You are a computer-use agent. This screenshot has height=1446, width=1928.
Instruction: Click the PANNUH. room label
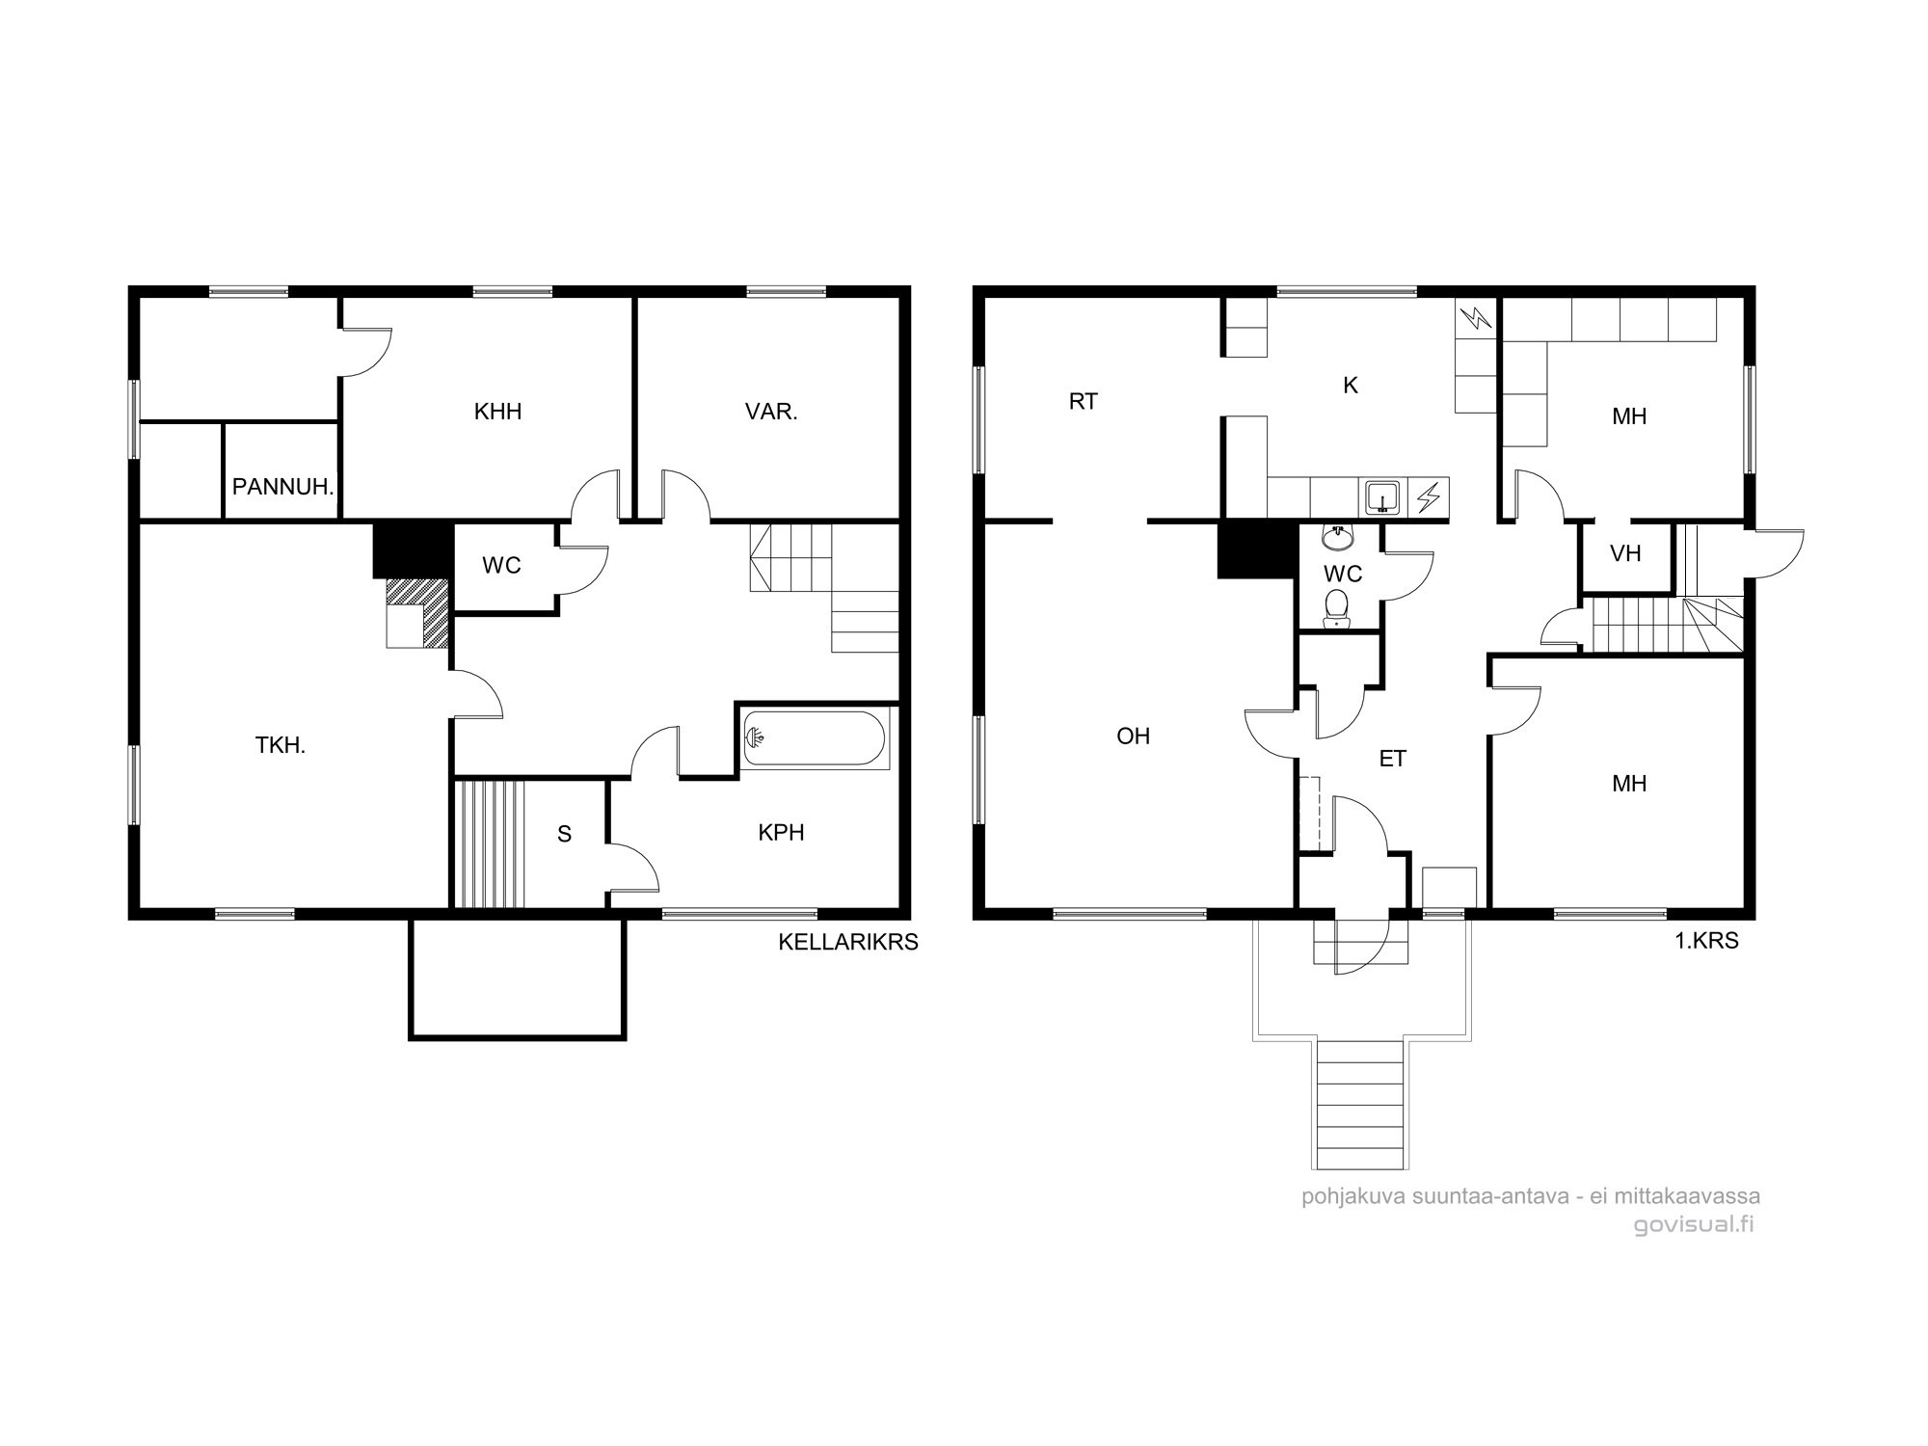283,487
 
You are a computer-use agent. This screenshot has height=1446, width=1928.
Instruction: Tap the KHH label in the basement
497,412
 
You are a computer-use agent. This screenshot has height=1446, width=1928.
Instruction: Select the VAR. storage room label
771,412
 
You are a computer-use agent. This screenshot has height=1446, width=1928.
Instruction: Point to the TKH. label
281,744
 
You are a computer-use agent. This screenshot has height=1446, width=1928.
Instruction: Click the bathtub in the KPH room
816,739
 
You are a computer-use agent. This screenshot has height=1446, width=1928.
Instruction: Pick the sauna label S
565,834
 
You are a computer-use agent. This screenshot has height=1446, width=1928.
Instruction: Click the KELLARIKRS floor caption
848,942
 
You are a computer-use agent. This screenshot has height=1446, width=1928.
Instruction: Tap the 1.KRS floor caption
1706,941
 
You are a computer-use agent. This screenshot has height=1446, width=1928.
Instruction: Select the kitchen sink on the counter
1382,497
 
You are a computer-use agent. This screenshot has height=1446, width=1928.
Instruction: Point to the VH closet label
1625,553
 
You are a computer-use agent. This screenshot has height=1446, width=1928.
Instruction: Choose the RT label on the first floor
1084,401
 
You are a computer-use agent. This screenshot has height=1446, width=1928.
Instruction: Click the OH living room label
1134,736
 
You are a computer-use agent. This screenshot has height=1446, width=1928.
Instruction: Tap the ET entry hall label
1393,759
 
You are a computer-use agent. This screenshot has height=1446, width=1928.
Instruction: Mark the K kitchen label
1351,386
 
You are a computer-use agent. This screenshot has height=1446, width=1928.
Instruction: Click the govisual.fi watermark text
1694,1224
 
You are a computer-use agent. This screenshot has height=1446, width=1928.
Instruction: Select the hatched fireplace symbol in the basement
417,613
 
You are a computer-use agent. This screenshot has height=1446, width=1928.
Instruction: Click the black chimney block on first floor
1257,549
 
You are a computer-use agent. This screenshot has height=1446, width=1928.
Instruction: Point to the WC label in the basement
501,566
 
